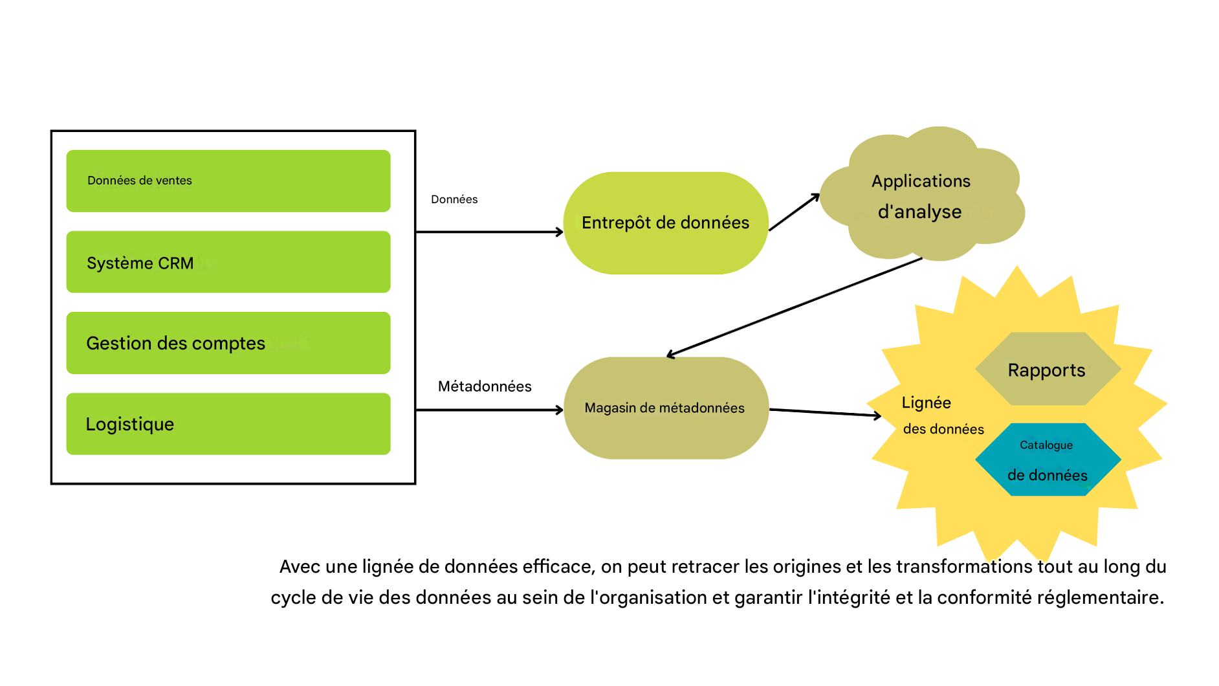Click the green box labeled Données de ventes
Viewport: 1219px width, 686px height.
coord(228,181)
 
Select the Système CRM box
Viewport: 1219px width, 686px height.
coord(228,262)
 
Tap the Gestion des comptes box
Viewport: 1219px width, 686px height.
coord(228,343)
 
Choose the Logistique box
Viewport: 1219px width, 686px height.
coord(228,424)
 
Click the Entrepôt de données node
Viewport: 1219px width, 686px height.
coord(666,223)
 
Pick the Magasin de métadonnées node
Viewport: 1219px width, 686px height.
coord(666,408)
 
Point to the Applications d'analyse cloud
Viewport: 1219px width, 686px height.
coord(921,195)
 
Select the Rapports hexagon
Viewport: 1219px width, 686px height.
coord(1047,370)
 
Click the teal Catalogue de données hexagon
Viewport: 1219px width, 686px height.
coord(1047,460)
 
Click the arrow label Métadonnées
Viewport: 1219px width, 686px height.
coord(485,386)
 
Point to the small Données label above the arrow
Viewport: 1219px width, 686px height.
coord(454,199)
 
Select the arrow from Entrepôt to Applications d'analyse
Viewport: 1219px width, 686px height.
coord(794,212)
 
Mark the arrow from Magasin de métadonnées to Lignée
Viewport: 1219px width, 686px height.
coord(825,413)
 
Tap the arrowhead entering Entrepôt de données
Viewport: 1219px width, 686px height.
coord(559,232)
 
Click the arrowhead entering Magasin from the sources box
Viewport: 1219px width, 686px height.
coord(559,410)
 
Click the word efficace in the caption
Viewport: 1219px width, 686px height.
coord(558,567)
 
